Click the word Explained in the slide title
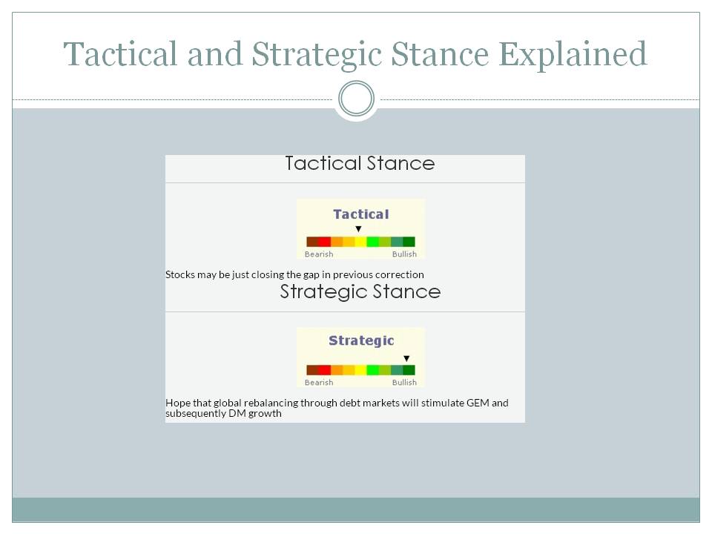pos(573,55)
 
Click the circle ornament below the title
pos(357,99)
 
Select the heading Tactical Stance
pos(360,163)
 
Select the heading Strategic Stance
pos(360,292)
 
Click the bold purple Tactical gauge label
pos(361,214)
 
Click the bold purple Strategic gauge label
pos(361,341)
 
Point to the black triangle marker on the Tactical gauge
pos(358,229)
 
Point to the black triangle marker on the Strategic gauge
pos(406,358)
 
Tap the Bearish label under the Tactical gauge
pos(319,254)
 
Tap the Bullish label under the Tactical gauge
pos(404,254)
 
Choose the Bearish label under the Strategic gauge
pos(319,383)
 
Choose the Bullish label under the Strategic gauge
pos(404,383)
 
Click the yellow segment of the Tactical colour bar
pos(360,242)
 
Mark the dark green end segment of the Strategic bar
pos(409,369)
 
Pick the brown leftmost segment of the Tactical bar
pos(312,242)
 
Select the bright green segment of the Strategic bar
pos(373,369)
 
